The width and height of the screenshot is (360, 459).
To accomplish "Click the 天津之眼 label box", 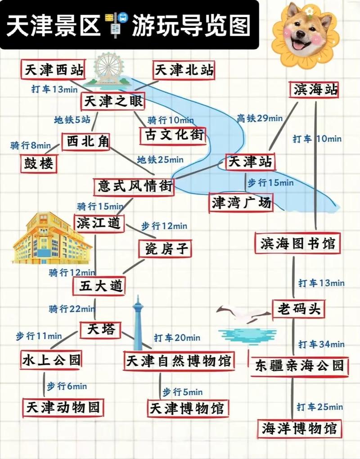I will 113,101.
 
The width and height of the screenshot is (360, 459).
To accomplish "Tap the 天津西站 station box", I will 53,70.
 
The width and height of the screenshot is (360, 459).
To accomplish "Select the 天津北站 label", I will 184,70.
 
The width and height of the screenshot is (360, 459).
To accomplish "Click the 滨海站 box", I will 314,90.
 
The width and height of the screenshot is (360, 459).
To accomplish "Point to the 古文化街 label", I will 172,135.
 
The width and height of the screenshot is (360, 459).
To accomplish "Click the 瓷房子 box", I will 165,248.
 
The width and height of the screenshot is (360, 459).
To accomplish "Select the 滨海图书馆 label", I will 297,244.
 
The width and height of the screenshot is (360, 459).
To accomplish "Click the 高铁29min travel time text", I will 260,118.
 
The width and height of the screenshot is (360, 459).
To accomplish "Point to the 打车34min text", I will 321,345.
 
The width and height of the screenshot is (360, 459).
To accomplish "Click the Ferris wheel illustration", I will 108,70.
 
